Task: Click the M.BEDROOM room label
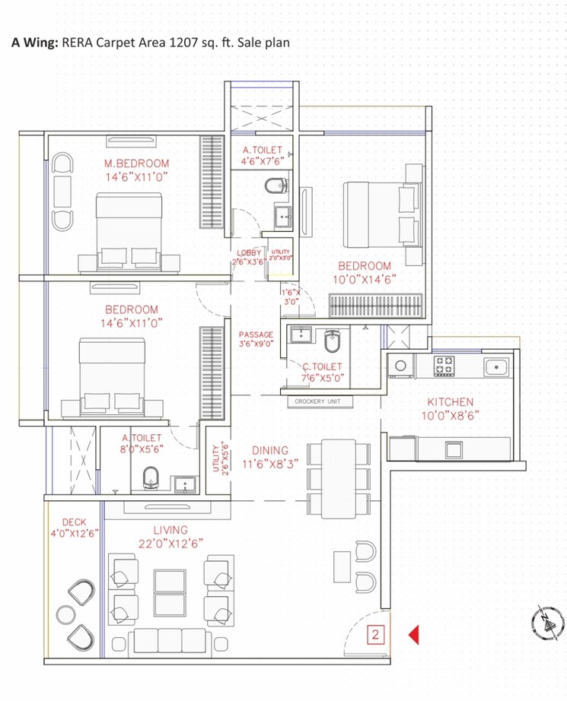coord(137,163)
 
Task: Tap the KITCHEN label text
coord(450,401)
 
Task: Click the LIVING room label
coord(170,530)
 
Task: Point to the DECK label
coord(74,522)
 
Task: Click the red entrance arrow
coord(414,633)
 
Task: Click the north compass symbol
coord(547,623)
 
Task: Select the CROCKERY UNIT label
coord(317,401)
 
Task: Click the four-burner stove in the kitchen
coord(444,366)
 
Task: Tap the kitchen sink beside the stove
coord(497,366)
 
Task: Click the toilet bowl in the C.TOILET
coord(333,344)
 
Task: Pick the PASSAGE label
coord(256,335)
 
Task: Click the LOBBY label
coord(249,253)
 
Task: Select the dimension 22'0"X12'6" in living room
coord(170,542)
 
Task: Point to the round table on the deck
coord(65,614)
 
